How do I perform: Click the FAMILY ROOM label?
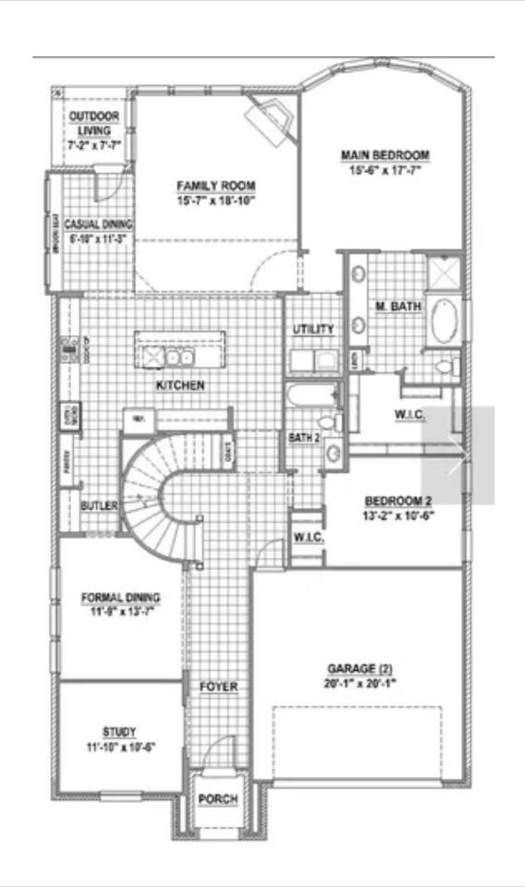pos(215,186)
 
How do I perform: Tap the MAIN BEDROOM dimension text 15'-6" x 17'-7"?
pos(385,170)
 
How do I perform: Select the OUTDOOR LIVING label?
pos(94,122)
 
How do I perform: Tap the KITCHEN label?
pos(179,385)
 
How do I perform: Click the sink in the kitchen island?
pos(177,356)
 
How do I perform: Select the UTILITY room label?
pos(313,329)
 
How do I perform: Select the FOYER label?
pos(219,687)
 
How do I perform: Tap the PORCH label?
pos(218,798)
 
